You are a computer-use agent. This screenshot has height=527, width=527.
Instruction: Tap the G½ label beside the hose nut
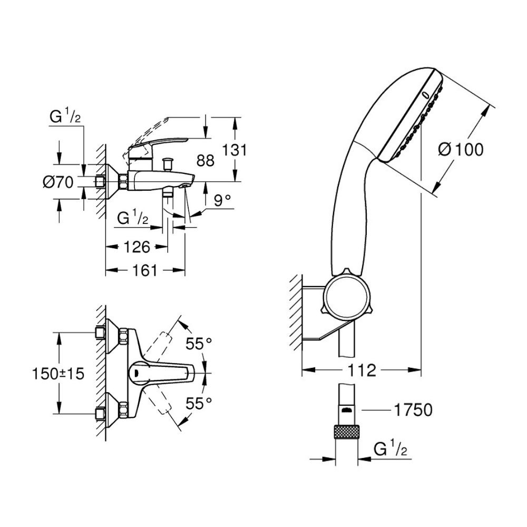tap(389, 450)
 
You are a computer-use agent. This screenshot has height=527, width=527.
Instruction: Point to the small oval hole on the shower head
tap(425, 95)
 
